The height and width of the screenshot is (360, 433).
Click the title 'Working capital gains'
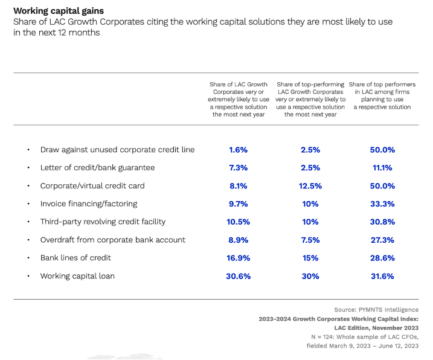pos(59,11)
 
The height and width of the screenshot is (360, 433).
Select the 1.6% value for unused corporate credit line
pos(238,150)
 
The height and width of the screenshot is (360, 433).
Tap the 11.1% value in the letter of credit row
pos(382,168)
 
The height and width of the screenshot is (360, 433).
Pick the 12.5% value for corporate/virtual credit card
pos(310,186)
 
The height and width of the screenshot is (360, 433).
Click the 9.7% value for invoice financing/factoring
pos(238,204)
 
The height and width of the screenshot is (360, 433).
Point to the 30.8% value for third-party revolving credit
pos(382,222)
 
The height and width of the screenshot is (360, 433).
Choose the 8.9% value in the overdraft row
pos(238,240)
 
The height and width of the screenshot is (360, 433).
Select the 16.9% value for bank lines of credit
pos(238,258)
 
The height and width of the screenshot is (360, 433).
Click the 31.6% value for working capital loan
pos(382,276)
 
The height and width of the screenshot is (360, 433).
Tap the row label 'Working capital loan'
pos(77,276)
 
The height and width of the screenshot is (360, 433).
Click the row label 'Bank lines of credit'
pos(76,258)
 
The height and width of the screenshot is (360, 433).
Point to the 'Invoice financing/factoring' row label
pos(89,204)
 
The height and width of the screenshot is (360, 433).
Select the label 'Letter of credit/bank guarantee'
pos(97,168)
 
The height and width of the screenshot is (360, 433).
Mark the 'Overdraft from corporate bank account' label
pos(113,240)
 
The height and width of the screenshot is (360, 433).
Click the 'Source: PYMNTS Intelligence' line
pos(376,310)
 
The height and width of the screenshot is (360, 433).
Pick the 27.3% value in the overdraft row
pos(382,240)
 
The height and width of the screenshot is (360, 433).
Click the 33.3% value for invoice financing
pos(382,204)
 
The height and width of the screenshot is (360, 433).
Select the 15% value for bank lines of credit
pos(310,258)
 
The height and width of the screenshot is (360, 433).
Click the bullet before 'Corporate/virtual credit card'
pos(28,186)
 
